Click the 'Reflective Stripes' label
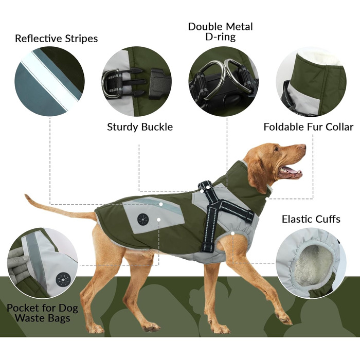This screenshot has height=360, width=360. [56, 39]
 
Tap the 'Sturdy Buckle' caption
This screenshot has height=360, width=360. [140, 127]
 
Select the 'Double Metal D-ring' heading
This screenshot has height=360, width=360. [221, 32]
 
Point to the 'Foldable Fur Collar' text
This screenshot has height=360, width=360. [309, 127]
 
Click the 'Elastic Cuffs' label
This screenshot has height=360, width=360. [311, 219]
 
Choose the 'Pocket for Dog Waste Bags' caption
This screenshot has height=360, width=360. [43, 313]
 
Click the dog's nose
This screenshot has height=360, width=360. [304, 147]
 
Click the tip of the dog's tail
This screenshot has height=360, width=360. [26, 195]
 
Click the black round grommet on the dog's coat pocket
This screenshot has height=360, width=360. [143, 219]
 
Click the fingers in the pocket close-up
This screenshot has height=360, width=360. [19, 264]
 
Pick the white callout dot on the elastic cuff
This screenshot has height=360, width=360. [233, 233]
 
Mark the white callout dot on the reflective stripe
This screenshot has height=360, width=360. [161, 204]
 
